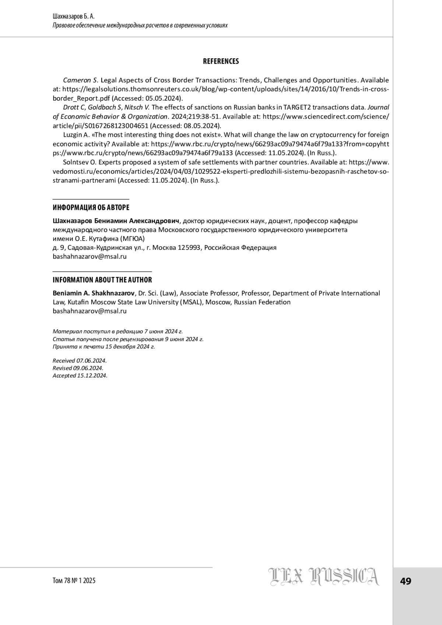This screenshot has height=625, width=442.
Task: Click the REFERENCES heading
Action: [221, 62]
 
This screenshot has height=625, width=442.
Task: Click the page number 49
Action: [406, 582]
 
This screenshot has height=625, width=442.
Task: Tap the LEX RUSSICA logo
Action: [323, 577]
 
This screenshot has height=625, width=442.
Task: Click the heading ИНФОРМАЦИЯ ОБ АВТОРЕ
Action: [91, 208]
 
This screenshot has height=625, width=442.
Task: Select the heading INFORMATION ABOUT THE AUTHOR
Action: [102, 280]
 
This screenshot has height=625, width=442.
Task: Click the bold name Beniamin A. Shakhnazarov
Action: [94, 293]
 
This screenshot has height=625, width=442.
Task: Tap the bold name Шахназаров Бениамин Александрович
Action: [116, 221]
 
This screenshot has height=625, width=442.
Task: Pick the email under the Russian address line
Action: [90, 257]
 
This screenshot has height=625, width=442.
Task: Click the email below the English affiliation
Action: [90, 311]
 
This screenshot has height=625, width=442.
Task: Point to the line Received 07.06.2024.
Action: [80, 361]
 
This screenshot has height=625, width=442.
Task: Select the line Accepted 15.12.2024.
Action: [80, 376]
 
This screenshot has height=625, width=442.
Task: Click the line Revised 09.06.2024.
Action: [78, 368]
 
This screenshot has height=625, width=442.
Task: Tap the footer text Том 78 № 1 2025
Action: [74, 581]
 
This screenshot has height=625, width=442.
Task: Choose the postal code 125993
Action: [189, 248]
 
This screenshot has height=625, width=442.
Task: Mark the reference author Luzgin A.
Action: [76, 135]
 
